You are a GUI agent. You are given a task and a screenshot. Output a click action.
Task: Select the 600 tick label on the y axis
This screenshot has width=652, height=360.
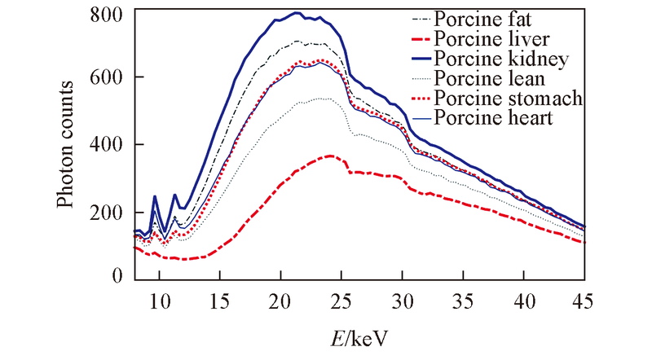pyautogui.click(x=108, y=77)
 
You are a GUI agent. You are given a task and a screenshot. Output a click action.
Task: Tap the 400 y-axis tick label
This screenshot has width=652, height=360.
pyautogui.click(x=108, y=145)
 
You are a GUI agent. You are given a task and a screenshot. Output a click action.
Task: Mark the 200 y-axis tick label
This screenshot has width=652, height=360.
pyautogui.click(x=108, y=213)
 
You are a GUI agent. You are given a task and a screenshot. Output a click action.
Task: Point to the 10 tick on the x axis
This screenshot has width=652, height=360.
pyautogui.click(x=159, y=298)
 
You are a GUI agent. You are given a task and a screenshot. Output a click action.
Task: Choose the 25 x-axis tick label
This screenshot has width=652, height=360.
pyautogui.click(x=341, y=298)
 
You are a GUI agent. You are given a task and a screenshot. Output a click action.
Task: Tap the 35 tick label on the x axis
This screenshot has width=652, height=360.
pyautogui.click(x=463, y=298)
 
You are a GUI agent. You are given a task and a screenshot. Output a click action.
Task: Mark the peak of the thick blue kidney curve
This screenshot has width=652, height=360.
pyautogui.click(x=297, y=13)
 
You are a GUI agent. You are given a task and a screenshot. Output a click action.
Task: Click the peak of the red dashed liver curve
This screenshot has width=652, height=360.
pyautogui.click(x=329, y=155)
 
